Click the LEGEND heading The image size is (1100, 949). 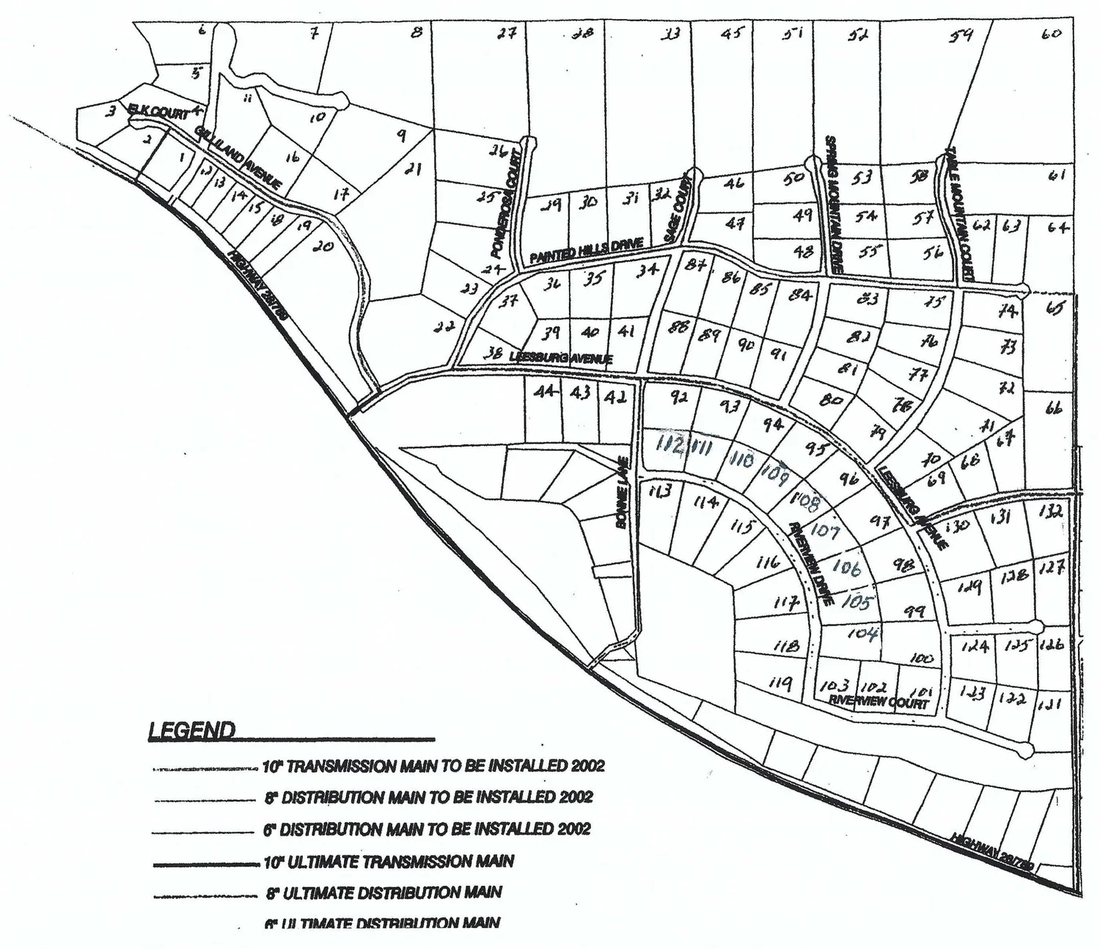[x=192, y=730]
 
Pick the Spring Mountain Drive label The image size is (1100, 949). [x=834, y=205]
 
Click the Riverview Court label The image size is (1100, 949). [x=878, y=702]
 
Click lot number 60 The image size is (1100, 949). [x=1051, y=34]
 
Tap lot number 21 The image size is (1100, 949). [x=413, y=170]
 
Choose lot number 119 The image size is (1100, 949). [x=780, y=684]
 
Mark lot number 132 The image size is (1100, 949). [x=1052, y=512]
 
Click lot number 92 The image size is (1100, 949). [x=678, y=398]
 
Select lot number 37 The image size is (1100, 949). [x=509, y=301]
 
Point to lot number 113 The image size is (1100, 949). [x=660, y=491]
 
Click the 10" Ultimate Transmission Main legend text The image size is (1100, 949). [x=389, y=862]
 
